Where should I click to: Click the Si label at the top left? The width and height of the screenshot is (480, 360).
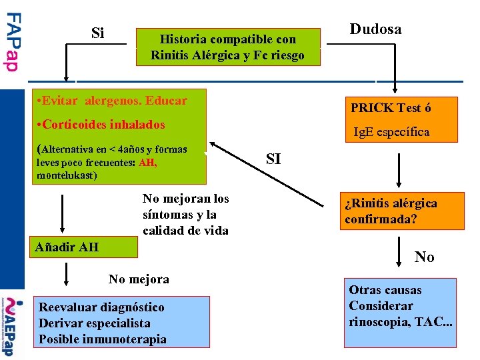97,33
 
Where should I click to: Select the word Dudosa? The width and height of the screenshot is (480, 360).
375,29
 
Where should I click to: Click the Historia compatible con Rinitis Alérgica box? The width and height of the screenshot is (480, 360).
227,47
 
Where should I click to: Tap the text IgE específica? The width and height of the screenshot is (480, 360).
391,132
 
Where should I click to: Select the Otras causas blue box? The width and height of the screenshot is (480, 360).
400,312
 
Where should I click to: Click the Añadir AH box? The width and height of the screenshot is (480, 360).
84,247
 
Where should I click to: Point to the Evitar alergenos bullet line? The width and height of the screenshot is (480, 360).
113,101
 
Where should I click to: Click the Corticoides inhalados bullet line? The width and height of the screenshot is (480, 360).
102,125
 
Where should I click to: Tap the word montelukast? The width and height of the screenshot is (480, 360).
67,175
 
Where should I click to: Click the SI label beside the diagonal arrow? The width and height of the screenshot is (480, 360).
273,159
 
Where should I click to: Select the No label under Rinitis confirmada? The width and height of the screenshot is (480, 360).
424,257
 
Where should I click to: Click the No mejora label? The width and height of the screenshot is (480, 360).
139,279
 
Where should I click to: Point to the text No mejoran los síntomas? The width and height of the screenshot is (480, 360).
185,215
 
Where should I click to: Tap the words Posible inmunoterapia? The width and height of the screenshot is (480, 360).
103,339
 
